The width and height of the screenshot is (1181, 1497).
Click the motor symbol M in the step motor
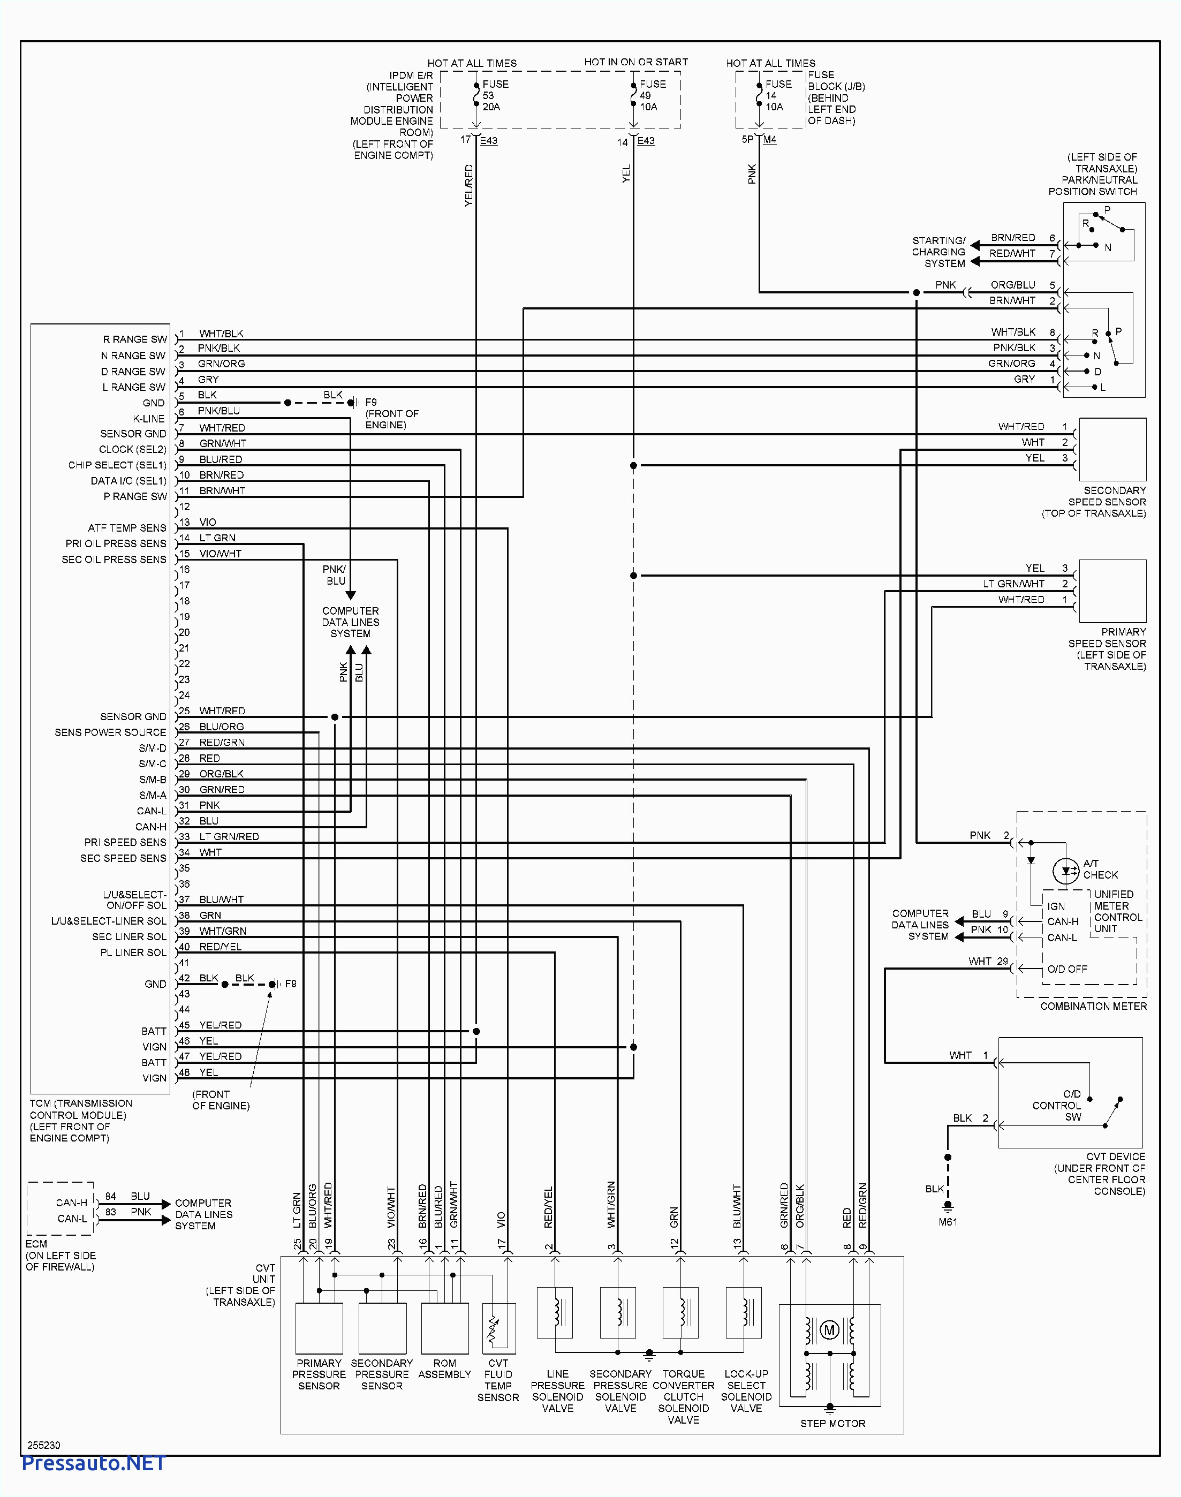click(x=829, y=1329)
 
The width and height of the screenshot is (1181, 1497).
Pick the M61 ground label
click(x=948, y=1222)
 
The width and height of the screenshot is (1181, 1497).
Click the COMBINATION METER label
click(x=1093, y=1006)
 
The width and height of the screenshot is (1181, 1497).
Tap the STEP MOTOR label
click(x=832, y=1423)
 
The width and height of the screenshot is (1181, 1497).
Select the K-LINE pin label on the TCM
click(x=149, y=418)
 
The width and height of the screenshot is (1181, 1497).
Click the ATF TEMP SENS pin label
click(x=127, y=527)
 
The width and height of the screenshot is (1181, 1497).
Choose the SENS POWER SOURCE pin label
click(x=111, y=732)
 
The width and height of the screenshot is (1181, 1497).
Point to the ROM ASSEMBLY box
click(x=444, y=1328)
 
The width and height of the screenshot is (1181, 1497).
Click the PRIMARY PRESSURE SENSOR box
click(x=319, y=1328)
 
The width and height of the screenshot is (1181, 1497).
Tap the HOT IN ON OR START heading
click(x=635, y=62)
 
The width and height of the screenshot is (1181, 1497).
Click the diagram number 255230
click(x=43, y=1445)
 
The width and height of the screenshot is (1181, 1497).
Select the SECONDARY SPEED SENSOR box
click(x=1112, y=449)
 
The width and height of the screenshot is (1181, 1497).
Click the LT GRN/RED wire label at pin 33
click(x=229, y=837)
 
